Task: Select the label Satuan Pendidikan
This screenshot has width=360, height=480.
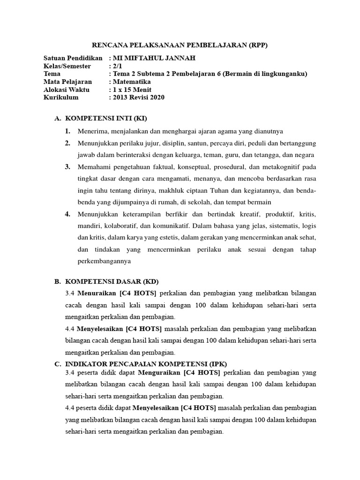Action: (x=73, y=58)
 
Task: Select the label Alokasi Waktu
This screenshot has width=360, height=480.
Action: (x=67, y=90)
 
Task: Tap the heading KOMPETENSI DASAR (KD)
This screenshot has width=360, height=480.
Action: (x=112, y=282)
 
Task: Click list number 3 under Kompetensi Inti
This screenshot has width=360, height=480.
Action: (x=67, y=167)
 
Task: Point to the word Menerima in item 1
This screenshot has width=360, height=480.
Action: (x=92, y=131)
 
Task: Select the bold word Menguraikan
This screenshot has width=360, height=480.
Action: (x=157, y=373)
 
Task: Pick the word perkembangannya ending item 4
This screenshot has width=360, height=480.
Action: (x=104, y=261)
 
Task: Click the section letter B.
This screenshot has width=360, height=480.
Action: (x=58, y=282)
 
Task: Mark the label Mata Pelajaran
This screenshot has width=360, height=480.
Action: (x=67, y=82)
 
